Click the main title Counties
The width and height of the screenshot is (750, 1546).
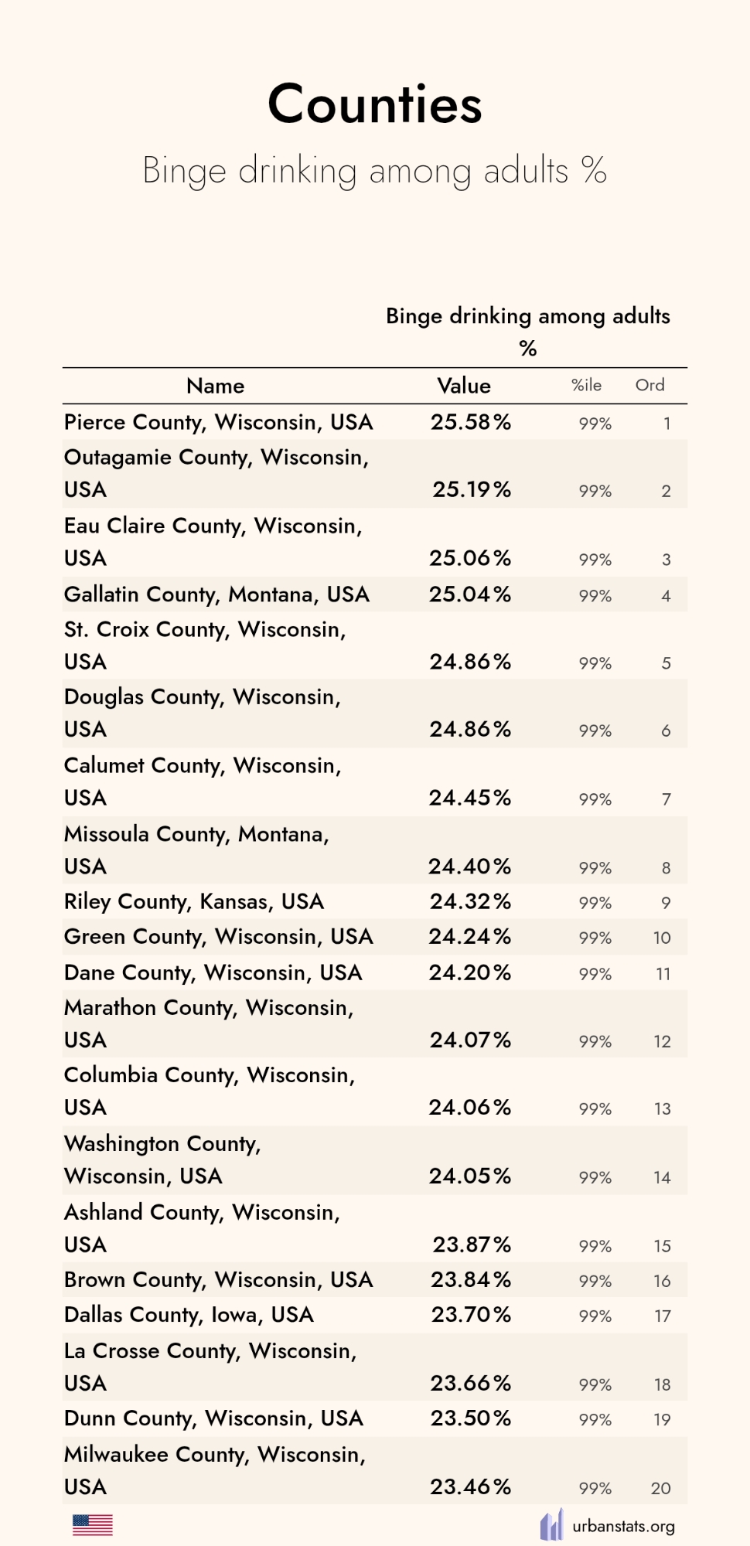[x=375, y=104]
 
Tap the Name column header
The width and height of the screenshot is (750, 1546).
[x=215, y=386]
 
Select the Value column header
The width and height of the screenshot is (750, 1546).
[x=464, y=386]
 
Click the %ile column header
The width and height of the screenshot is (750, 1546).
[x=586, y=385]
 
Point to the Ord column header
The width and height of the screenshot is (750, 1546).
[x=649, y=385]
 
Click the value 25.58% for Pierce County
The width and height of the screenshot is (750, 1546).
[x=471, y=422]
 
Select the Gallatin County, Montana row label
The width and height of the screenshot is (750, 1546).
[x=216, y=594]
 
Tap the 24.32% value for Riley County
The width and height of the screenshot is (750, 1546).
[x=470, y=901]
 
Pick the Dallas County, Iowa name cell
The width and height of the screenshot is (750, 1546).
[x=189, y=1315]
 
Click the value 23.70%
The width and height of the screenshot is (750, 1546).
[x=471, y=1315]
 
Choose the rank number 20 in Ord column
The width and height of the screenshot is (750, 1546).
[x=660, y=1488]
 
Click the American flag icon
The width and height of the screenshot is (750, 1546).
[x=93, y=1525]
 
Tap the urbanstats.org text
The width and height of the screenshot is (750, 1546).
[x=623, y=1527]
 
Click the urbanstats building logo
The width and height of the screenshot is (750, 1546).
[x=551, y=1525]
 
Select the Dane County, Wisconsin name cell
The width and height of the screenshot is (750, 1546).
[x=213, y=972]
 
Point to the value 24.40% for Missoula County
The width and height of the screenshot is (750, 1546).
[x=470, y=867]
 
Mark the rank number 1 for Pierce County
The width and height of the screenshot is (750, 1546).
[x=666, y=424]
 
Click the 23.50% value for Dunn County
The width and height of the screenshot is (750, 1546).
[x=470, y=1418]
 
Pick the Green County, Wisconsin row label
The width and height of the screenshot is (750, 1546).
[x=218, y=937]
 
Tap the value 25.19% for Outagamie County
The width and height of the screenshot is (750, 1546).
[x=472, y=489]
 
